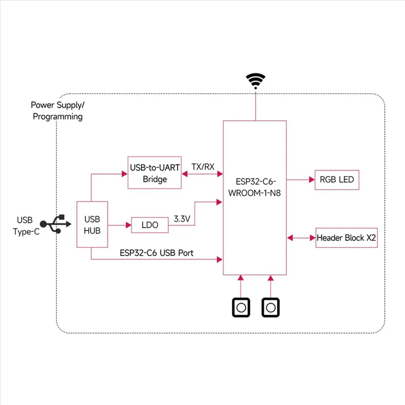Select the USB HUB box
(x=92, y=224)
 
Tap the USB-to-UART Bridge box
(x=155, y=173)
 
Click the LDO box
(x=150, y=225)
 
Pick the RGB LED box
(x=337, y=180)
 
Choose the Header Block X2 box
(x=346, y=238)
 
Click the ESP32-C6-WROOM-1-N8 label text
(x=255, y=187)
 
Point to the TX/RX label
(x=203, y=167)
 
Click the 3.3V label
(x=182, y=219)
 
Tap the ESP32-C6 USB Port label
(x=157, y=253)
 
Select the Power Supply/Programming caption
(x=57, y=111)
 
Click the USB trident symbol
(x=56, y=224)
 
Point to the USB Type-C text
(x=26, y=226)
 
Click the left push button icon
(x=241, y=307)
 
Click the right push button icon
(x=270, y=307)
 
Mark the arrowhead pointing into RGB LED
(x=312, y=180)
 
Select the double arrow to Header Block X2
(x=301, y=238)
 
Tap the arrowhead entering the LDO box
(x=128, y=225)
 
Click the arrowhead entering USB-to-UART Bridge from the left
(x=125, y=174)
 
